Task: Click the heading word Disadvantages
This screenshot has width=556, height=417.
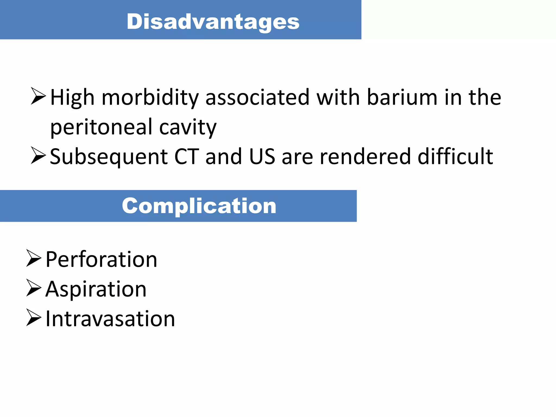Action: (213, 22)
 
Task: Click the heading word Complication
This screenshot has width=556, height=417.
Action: (199, 206)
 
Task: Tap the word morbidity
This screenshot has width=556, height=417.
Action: (150, 97)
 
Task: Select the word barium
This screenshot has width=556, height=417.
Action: (402, 97)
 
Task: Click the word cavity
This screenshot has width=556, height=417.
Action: (188, 127)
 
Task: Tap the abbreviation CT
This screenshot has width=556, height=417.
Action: (187, 157)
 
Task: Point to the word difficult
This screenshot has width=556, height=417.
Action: (455, 157)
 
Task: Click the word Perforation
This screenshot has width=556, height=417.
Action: (101, 260)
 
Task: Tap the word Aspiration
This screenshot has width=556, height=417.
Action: (96, 289)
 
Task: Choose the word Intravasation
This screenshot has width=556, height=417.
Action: (110, 319)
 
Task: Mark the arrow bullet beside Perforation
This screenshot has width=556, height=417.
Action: (34, 258)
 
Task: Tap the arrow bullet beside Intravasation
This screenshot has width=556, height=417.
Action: (34, 317)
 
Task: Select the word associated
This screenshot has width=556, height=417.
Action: (257, 97)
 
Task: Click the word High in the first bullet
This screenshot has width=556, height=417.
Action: (72, 97)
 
